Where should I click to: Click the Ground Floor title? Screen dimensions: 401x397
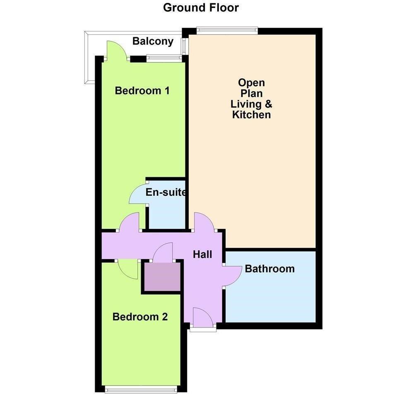pos(201,8)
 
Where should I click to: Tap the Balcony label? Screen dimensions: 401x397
pos(153,41)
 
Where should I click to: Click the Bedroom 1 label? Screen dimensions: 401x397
pos(142,91)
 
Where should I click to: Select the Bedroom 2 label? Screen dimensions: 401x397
pos(140,317)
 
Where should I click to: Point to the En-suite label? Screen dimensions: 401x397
pos(166,192)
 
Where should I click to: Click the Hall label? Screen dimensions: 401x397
pos(202,255)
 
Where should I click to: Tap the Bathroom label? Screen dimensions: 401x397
pos(270,269)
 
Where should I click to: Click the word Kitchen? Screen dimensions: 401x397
pos(251,115)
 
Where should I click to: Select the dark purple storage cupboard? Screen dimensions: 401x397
pos(162,277)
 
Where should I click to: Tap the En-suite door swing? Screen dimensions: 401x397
pos(139,193)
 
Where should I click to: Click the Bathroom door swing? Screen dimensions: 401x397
pos(232,276)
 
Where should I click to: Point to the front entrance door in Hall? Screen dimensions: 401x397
pos(203,317)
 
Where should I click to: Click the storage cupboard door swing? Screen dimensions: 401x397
pos(163,252)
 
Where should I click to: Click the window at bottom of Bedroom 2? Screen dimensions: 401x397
pos(141,390)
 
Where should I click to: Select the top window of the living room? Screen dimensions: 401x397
pos(227,31)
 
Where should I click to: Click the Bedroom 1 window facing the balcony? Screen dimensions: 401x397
pos(164,59)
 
